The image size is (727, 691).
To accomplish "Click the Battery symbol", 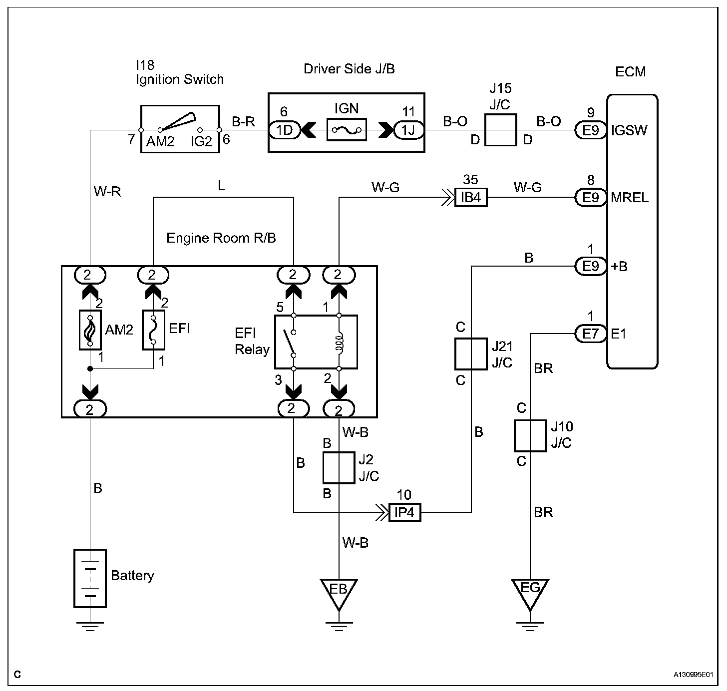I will (90, 578).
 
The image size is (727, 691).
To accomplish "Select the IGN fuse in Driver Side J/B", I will (347, 130).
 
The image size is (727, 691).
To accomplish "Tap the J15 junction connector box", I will (500, 130).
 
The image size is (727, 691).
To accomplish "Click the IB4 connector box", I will (470, 198).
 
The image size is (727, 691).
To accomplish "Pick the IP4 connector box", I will (405, 513).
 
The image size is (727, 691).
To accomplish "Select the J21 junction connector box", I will (470, 353).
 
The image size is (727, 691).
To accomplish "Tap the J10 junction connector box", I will (530, 435).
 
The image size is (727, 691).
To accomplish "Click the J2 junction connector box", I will (339, 468).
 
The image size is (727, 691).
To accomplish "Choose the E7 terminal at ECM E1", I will (590, 333).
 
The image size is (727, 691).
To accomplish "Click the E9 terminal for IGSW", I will (590, 130).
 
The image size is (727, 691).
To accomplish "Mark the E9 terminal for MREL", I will (590, 198).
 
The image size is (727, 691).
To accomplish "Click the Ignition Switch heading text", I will (179, 79).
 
